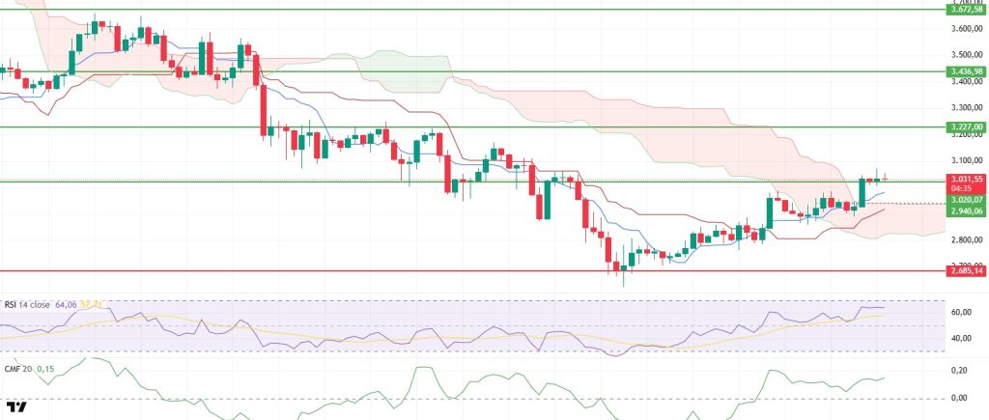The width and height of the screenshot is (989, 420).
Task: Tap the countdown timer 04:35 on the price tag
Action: pos(959,188)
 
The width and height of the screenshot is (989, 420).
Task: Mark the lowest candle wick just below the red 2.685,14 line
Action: pos(624,284)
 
